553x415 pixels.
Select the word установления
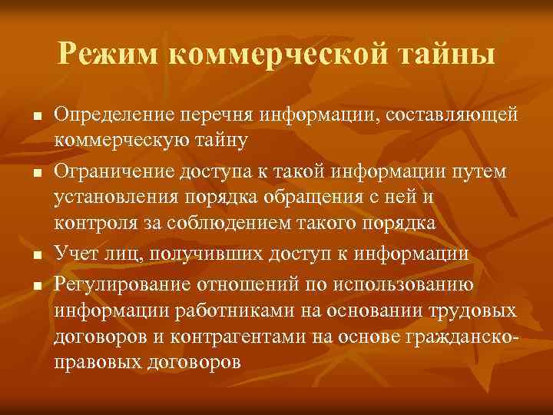point(114,198)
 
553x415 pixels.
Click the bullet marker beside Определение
point(36,117)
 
